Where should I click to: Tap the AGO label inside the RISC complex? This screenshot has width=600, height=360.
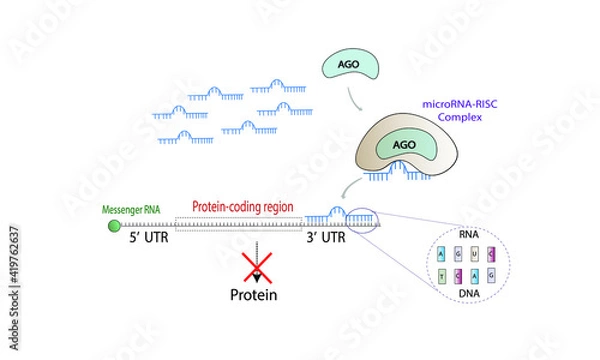(x=404, y=143)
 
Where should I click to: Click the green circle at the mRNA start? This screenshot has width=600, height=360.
(x=114, y=227)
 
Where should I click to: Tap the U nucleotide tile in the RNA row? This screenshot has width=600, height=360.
(x=476, y=254)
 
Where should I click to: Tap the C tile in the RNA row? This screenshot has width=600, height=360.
(x=491, y=254)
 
